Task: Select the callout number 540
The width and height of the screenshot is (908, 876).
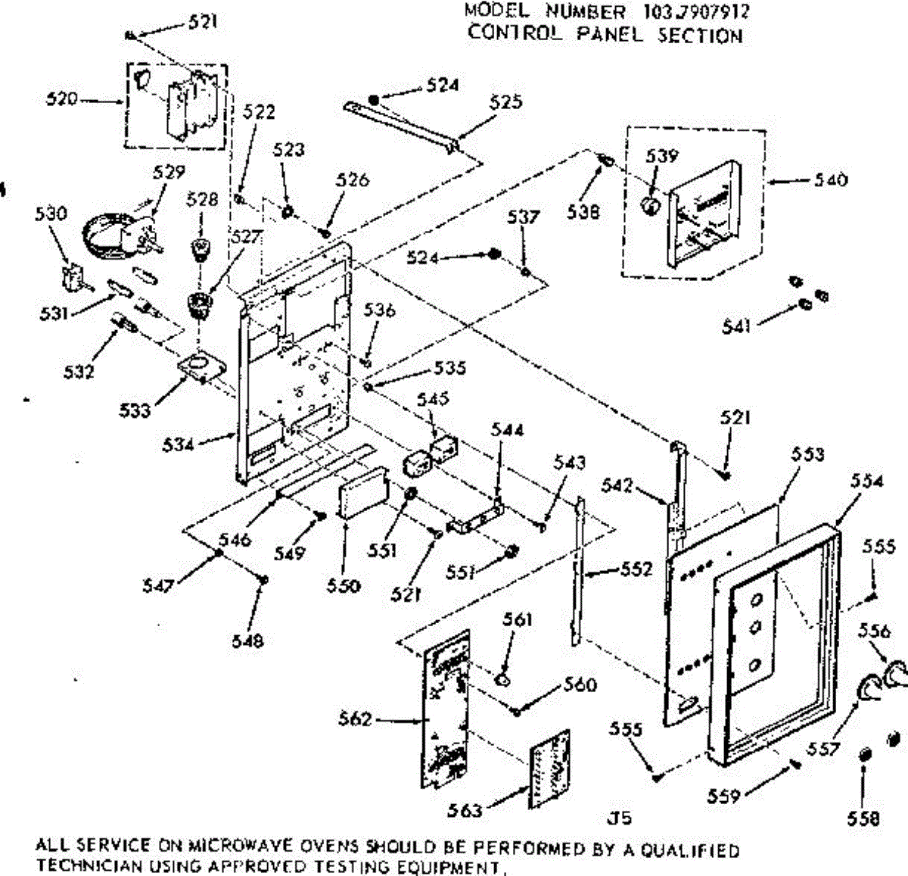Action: (x=831, y=180)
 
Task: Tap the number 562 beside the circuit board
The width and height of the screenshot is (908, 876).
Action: (x=355, y=719)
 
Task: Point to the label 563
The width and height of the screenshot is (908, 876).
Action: (x=464, y=811)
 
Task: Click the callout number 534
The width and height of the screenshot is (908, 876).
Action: (x=178, y=444)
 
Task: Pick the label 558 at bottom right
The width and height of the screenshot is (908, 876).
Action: (x=864, y=818)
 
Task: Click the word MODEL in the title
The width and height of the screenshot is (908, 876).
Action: (x=496, y=11)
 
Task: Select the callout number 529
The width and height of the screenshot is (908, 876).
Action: (x=169, y=172)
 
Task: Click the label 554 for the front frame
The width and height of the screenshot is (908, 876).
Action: (x=867, y=480)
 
